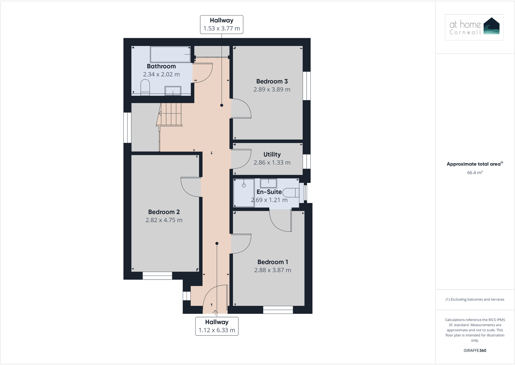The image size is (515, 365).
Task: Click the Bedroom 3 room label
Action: [x=272, y=81]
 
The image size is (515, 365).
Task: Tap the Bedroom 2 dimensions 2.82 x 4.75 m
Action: [x=164, y=220]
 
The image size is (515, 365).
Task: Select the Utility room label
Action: [x=272, y=154]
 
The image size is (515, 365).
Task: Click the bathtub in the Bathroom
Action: [x=170, y=54]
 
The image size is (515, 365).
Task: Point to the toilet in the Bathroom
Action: [x=145, y=87]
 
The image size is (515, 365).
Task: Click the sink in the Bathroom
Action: [x=173, y=91]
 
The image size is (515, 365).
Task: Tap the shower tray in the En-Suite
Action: [x=244, y=192]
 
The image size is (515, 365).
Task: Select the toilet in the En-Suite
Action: [x=291, y=193]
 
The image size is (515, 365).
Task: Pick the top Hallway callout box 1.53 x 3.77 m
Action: [x=222, y=25]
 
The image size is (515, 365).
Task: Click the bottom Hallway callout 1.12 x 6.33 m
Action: [x=217, y=326]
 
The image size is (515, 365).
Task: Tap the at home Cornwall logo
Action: [x=474, y=27]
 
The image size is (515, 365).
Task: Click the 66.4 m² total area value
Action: [x=475, y=173]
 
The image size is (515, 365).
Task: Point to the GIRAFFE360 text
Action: [x=475, y=350]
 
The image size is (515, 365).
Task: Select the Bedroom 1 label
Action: [x=272, y=262]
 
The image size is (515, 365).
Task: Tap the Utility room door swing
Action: [x=241, y=159]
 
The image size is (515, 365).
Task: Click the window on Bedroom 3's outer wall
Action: [x=306, y=86]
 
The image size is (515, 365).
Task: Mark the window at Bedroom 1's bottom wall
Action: [x=278, y=310]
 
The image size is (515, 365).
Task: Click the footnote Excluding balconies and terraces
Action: [x=475, y=300]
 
